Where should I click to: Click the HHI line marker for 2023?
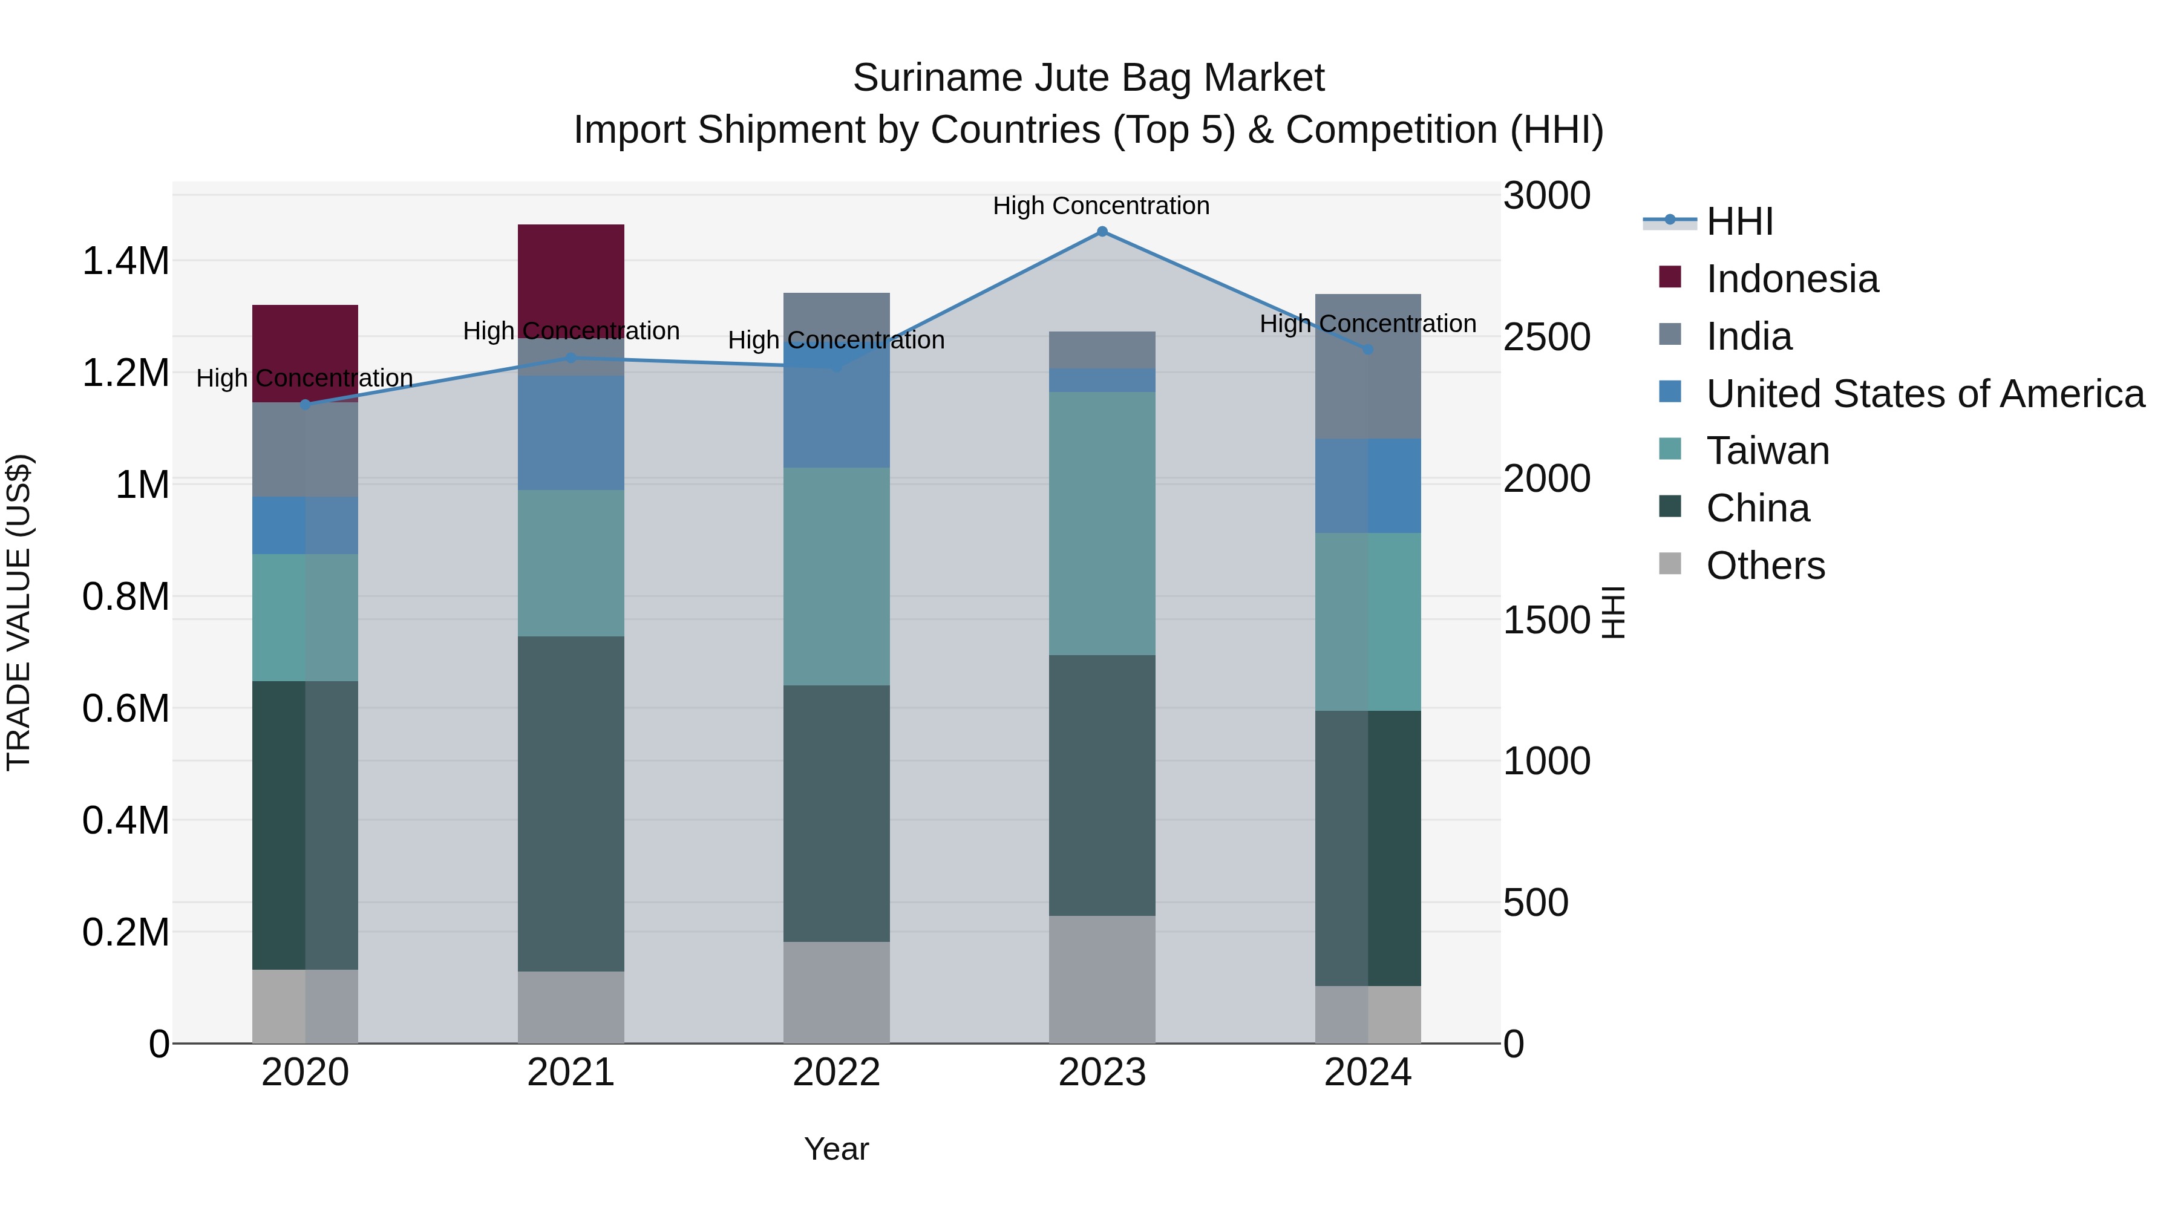pos(1102,232)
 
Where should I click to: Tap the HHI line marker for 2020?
pos(306,404)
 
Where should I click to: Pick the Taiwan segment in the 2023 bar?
pos(1102,523)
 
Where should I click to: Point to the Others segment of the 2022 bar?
pos(836,993)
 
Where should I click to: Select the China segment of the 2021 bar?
pos(571,803)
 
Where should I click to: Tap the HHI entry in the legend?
pos(1739,221)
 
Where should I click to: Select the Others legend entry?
pos(1765,566)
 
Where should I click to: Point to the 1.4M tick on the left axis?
pos(125,261)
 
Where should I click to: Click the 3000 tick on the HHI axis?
pos(1546,196)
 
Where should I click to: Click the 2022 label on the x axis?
pos(836,1073)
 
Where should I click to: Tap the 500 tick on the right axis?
pos(1535,903)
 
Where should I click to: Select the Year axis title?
pos(836,1149)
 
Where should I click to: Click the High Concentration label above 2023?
pos(1101,206)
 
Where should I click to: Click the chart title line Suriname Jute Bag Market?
pos(1088,78)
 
